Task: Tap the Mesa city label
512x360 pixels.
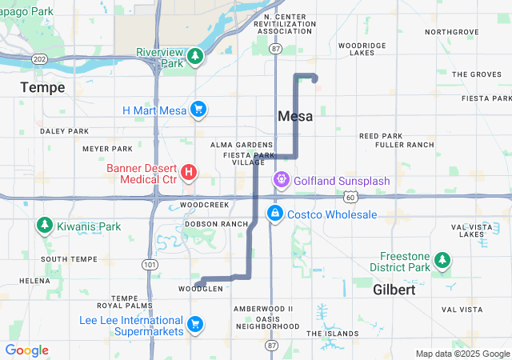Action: coord(294,116)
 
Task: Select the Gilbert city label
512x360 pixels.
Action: coord(394,290)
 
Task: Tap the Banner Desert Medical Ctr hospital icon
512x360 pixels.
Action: coord(189,172)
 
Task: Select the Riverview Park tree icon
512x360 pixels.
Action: coord(194,57)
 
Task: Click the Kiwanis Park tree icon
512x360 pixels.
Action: coord(43,226)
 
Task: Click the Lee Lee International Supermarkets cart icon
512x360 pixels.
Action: coord(194,324)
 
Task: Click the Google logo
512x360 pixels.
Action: coord(26,350)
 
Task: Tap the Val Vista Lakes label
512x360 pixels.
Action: coord(467,230)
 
